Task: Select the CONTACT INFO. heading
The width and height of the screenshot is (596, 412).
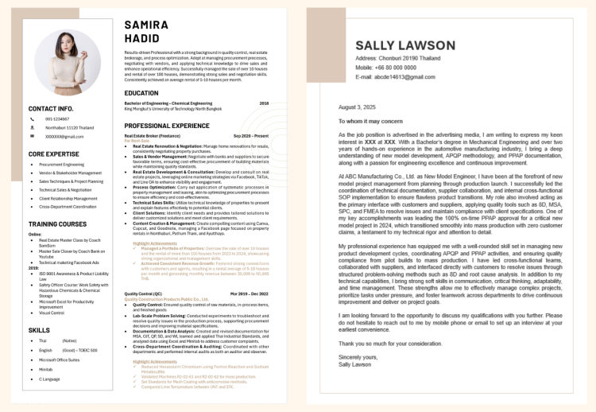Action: tap(51, 108)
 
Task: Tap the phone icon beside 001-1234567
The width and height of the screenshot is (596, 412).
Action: tap(32, 119)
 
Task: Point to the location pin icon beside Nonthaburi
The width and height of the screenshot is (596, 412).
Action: tap(32, 127)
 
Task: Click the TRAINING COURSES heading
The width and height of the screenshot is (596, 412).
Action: tap(58, 224)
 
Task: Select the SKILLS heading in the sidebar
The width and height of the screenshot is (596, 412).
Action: tap(39, 329)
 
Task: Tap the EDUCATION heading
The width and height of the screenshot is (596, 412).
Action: tap(141, 93)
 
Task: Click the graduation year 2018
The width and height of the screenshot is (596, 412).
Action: tap(264, 103)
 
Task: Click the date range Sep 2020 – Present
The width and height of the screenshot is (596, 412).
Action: tap(251, 136)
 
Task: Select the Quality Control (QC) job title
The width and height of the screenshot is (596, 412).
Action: tap(143, 293)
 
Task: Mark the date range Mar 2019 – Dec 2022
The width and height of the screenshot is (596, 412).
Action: tap(250, 293)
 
